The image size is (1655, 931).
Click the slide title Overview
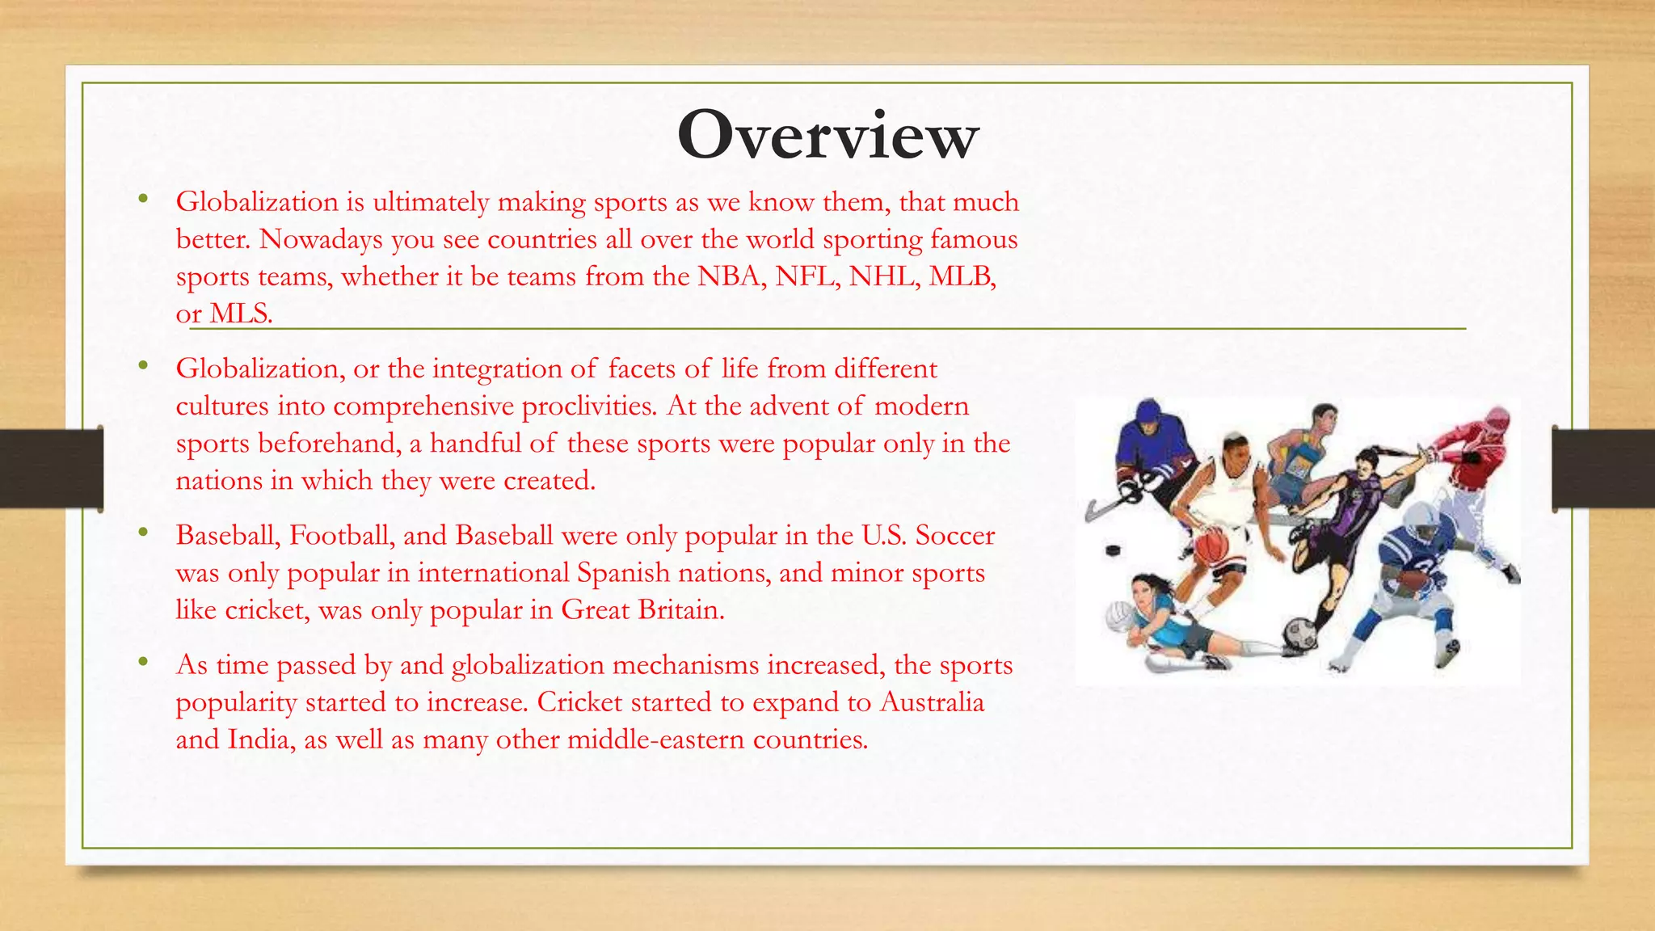827,135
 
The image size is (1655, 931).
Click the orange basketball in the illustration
1211,547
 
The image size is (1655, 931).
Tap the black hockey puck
1113,551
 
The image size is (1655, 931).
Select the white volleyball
1119,617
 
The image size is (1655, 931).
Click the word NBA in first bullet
730,276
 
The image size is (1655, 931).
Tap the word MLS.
241,314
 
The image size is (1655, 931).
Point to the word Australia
932,701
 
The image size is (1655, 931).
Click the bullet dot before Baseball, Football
143,532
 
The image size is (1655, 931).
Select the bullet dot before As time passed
143,662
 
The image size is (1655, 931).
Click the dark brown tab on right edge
1603,468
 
